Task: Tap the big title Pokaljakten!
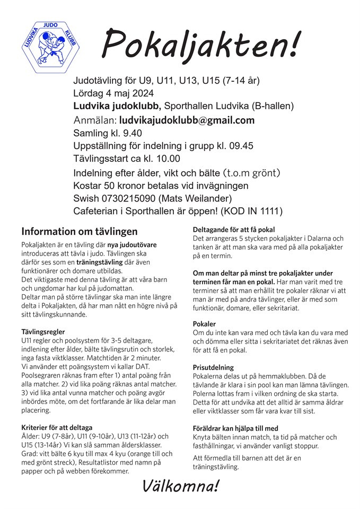[x=200, y=43]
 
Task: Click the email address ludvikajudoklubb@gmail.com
[x=187, y=120]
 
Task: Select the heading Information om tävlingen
[x=79, y=232]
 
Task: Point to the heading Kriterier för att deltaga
[x=57, y=427]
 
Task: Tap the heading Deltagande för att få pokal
[x=233, y=230]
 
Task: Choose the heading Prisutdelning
[x=213, y=367]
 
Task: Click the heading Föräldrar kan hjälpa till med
[x=235, y=428]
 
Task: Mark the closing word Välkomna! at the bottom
[x=180, y=486]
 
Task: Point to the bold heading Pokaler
[x=205, y=324]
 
